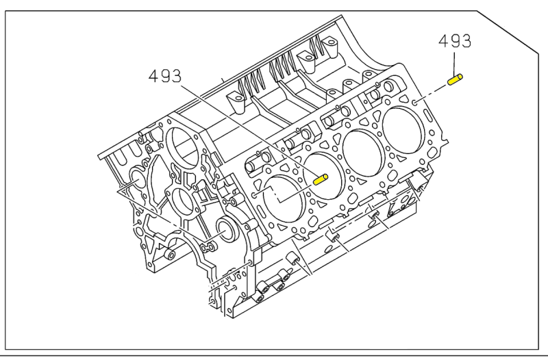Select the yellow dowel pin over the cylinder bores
(x=320, y=179)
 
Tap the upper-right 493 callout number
(x=455, y=41)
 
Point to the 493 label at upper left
(x=165, y=75)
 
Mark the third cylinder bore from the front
(x=363, y=153)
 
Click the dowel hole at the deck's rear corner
(x=415, y=102)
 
